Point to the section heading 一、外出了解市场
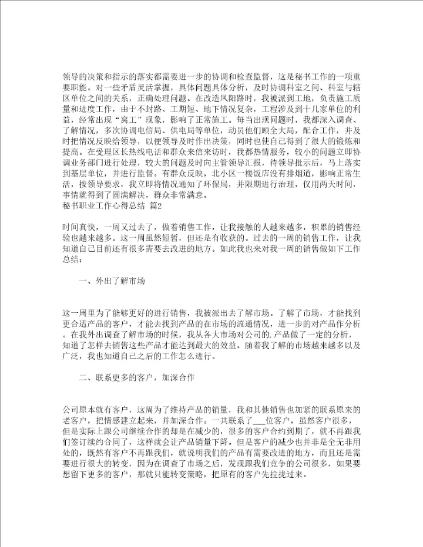point(112,281)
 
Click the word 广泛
point(69,356)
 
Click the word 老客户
point(72,421)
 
